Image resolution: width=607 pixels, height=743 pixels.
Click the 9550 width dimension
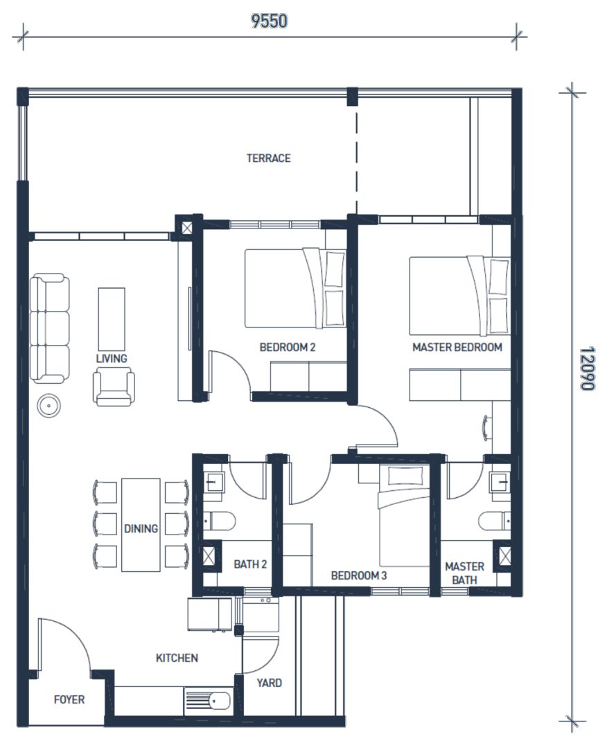coord(269,21)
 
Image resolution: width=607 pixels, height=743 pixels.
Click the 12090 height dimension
coord(587,368)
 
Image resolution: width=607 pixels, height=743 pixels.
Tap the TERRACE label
coord(268,158)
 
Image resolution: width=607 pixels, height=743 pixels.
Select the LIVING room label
coord(112,358)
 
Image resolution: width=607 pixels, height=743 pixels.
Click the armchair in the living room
coord(114,388)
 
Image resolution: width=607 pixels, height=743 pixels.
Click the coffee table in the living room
coord(112,319)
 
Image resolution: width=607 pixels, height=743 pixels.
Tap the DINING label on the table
coord(141,528)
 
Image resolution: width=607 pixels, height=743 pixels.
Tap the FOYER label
coord(69,699)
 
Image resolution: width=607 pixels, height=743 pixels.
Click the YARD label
coord(269,683)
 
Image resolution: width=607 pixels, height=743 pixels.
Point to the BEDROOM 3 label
coord(358,575)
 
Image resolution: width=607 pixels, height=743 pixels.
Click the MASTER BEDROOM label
coord(457,348)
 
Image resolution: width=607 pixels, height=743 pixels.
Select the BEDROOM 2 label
coord(288,348)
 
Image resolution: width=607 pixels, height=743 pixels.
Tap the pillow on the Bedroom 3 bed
coord(405,476)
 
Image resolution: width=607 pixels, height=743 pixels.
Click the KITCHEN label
coord(177,658)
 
